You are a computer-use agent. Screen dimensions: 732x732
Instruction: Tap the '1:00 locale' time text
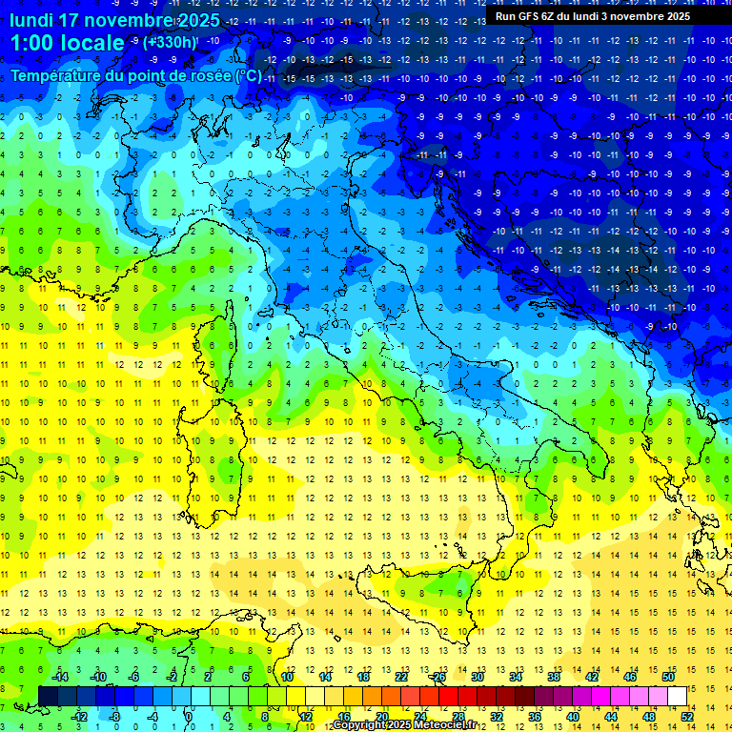tap(67, 43)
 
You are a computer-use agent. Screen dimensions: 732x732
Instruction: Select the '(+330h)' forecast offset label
tap(171, 42)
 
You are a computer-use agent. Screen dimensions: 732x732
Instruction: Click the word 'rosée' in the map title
tap(209, 75)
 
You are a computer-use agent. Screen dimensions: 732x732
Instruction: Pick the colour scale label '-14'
tap(59, 677)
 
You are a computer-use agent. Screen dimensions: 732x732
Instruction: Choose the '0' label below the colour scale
tap(188, 717)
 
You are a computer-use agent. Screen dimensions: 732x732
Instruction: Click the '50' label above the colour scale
tap(668, 677)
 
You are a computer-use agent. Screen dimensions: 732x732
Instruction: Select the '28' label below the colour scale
tap(457, 717)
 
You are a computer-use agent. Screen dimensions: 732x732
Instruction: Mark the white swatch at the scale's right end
tap(678, 697)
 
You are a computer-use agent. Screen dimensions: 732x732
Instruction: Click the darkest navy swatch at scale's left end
tap(48, 697)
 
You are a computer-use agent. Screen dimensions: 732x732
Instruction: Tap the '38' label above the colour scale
tap(554, 677)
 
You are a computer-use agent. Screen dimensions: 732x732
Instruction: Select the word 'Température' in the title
tap(56, 75)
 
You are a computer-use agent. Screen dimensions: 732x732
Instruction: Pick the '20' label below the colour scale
tap(381, 717)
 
